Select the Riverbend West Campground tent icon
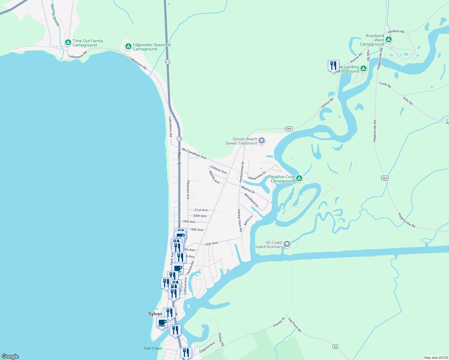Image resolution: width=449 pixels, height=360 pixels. tap(389, 40)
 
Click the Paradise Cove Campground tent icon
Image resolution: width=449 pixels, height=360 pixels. tap(299, 178)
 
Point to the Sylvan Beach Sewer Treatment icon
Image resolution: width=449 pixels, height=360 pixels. tap(262, 141)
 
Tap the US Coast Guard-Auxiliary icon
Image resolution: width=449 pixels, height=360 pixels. tap(287, 244)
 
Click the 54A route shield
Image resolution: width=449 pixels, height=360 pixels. tap(288, 129)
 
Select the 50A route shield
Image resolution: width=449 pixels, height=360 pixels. tap(385, 178)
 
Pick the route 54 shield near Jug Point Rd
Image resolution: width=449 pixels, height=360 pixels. tap(335, 346)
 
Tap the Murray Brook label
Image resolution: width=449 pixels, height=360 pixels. tap(55, 15)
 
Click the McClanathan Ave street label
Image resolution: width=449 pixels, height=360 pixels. tap(194, 153)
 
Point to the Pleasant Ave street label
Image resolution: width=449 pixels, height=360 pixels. tap(188, 190)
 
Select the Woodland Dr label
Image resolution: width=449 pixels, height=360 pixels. tap(252, 200)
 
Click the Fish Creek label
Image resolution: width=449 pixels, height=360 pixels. tap(153, 348)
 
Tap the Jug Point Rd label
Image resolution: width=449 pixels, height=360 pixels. tap(294, 325)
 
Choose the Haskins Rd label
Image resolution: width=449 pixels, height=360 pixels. tap(396, 31)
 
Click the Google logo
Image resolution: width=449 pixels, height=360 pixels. tap(10, 356)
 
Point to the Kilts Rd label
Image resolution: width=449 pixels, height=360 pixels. tap(408, 101)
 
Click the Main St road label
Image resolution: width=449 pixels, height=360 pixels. tap(179, 159)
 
